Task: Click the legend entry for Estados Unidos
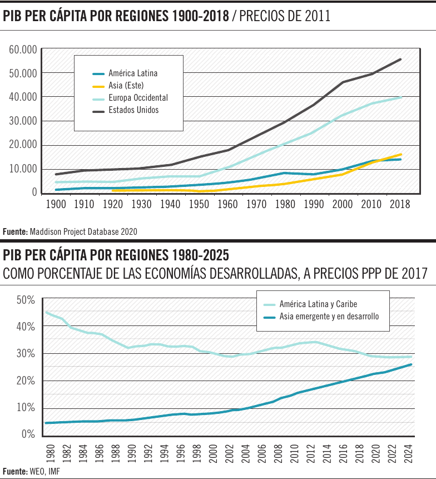point(133,110)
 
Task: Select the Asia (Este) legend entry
point(126,86)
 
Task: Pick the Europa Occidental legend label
point(138,98)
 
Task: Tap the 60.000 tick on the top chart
point(23,50)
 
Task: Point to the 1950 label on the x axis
point(199,204)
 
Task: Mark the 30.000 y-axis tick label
point(23,121)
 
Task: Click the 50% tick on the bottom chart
point(26,300)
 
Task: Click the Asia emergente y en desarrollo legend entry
point(329,317)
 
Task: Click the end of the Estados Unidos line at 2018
point(400,60)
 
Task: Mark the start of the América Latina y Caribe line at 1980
point(46,312)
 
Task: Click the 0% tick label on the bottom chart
point(28,434)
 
